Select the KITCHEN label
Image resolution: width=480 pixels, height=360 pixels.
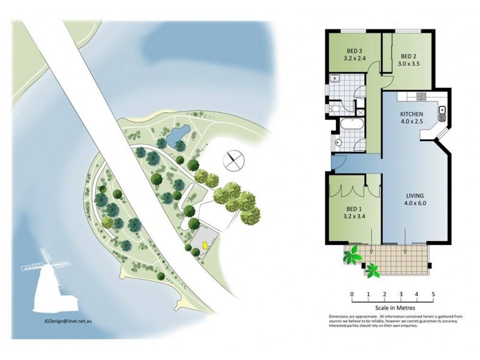point(412,114)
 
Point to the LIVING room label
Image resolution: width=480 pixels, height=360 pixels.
point(415,196)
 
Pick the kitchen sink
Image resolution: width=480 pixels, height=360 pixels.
point(442,111)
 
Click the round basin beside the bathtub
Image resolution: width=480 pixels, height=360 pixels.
point(337,143)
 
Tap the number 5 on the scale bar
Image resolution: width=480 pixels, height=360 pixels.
point(433,295)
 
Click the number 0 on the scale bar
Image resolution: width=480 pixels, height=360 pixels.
point(352,295)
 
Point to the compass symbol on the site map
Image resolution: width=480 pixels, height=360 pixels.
point(233,161)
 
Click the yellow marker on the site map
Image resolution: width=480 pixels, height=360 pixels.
point(204,245)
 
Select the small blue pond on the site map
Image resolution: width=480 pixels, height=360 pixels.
point(178,137)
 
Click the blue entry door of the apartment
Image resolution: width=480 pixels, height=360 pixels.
point(337,162)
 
